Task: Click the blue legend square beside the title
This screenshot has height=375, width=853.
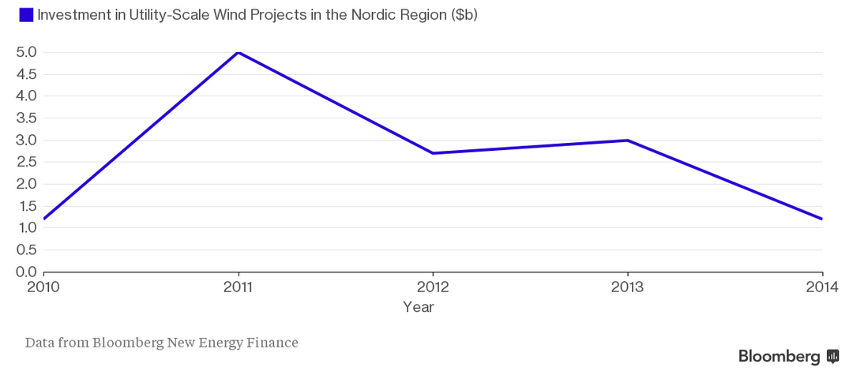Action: coord(26,15)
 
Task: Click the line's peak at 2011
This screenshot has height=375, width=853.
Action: coord(238,52)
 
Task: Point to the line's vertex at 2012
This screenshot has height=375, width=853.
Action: coord(433,153)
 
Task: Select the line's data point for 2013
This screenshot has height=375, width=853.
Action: coord(627,141)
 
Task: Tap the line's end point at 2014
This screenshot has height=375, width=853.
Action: coord(821,219)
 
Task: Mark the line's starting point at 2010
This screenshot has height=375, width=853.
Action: coord(43,219)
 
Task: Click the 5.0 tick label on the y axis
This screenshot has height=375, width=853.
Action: coord(27,52)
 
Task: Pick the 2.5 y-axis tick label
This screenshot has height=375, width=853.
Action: coord(27,162)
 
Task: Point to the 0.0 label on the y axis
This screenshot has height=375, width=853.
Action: coord(27,272)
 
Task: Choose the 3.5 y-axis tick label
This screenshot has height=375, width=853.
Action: coord(27,118)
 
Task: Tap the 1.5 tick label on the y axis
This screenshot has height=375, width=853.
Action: coord(27,206)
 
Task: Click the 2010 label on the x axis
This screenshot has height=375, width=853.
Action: coord(43,287)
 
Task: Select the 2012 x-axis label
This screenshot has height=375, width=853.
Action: coord(433,287)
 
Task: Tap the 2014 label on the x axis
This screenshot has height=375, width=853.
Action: coord(822,287)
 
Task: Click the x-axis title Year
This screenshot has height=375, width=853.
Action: coord(418,306)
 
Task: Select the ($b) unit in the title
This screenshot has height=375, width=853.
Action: coord(464,15)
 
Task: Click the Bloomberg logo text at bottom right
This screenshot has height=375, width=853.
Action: coord(779,357)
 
